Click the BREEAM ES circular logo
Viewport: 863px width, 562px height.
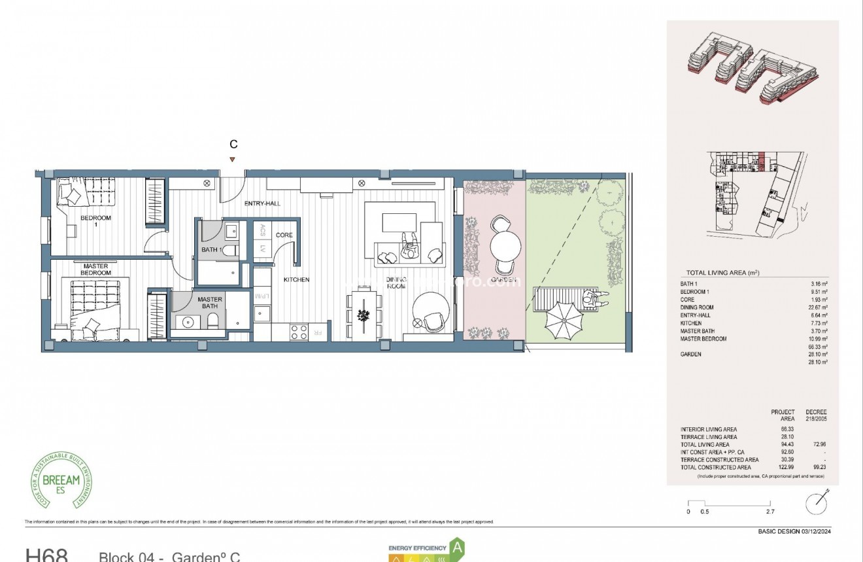61,480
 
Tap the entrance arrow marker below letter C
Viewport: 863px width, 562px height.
232,160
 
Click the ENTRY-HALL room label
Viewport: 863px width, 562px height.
262,203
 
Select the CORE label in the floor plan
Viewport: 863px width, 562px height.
284,235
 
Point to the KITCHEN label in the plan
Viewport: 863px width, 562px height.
296,279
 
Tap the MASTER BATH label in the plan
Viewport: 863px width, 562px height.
210,303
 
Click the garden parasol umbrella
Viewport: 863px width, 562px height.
563,319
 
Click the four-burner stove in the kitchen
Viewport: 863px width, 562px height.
299,332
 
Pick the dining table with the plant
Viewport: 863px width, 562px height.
364,315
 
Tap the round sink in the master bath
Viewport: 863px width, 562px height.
189,322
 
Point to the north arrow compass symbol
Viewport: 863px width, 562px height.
815,502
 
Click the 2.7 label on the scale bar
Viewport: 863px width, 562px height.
770,512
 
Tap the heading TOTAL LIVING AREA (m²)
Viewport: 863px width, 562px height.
722,272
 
